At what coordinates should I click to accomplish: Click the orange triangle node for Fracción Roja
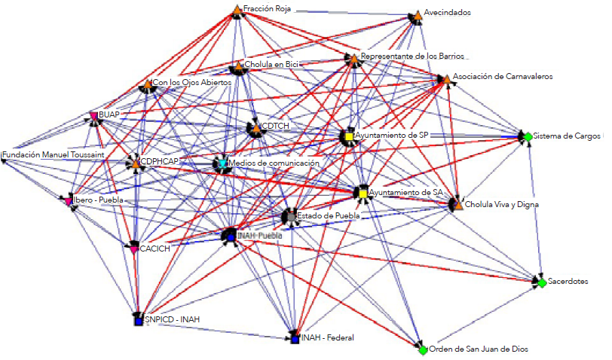[x=237, y=10]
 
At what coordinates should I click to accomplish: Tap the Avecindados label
[x=448, y=13]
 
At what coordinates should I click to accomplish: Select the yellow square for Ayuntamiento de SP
[x=347, y=136]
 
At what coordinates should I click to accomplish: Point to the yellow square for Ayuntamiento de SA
[x=363, y=194]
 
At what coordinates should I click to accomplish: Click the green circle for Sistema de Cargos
[x=528, y=136]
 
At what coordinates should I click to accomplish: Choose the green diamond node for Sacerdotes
[x=540, y=282]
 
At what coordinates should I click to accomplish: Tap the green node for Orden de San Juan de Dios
[x=423, y=349]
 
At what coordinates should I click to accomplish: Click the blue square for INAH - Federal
[x=295, y=339]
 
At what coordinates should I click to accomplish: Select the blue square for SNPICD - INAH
[x=138, y=321]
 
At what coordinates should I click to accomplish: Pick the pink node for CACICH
[x=134, y=249]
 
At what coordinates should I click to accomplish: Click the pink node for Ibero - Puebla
[x=69, y=201]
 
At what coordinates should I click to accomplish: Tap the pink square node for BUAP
[x=94, y=115]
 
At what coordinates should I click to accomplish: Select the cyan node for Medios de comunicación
[x=222, y=163]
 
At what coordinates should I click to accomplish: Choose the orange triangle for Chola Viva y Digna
[x=457, y=204]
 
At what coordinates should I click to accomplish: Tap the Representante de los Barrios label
[x=414, y=56]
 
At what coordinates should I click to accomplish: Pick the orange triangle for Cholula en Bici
[x=238, y=66]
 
